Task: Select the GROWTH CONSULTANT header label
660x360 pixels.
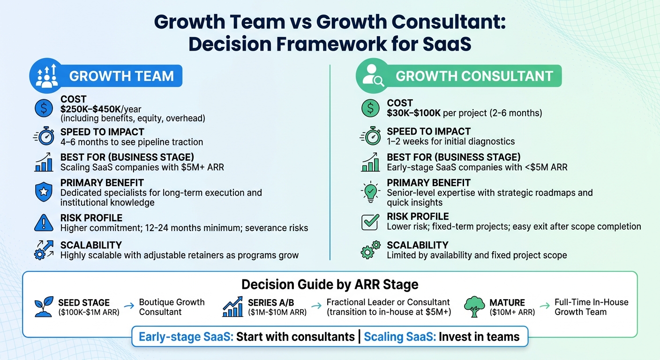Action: pos(474,76)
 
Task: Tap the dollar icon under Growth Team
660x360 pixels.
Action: pos(44,109)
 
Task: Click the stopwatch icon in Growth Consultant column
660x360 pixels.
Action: pos(370,136)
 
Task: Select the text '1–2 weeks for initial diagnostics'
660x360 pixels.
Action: pos(450,142)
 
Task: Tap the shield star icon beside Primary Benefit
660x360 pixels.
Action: pos(44,192)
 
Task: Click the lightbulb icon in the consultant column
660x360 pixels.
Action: pos(370,192)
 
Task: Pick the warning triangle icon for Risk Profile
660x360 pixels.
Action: pos(44,223)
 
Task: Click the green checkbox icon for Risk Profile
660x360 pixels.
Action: pos(370,222)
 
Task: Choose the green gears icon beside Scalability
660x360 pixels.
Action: pos(370,250)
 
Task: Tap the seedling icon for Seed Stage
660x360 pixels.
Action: pos(44,307)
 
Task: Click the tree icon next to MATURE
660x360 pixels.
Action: pos(473,307)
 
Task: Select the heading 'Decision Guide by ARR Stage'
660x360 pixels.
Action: pos(330,285)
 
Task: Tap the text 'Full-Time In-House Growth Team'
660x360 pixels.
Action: pos(591,307)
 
